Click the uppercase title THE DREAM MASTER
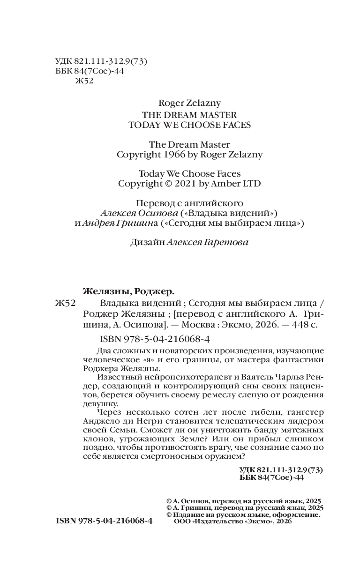[x=183, y=114]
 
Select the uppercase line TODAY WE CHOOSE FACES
[x=183, y=125]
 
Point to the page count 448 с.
[x=303, y=325]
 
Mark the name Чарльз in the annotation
[x=287, y=377]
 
